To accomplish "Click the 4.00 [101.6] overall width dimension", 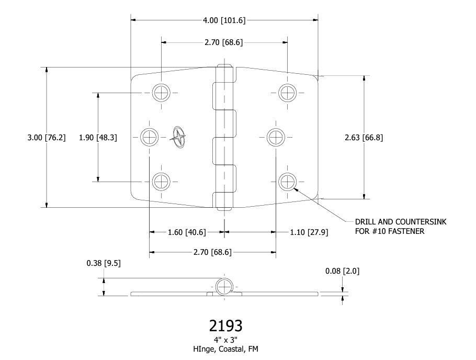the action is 224,20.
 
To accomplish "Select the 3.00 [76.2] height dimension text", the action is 47,138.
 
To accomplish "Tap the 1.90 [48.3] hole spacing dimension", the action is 98,138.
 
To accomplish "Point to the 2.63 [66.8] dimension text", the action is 364,138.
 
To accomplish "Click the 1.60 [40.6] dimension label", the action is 187,232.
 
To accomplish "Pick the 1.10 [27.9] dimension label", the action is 309,232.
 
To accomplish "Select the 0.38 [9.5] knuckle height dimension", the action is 104,263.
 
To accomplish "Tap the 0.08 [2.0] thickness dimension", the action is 343,271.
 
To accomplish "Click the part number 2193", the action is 225,325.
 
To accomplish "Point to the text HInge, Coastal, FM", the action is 225,349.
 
